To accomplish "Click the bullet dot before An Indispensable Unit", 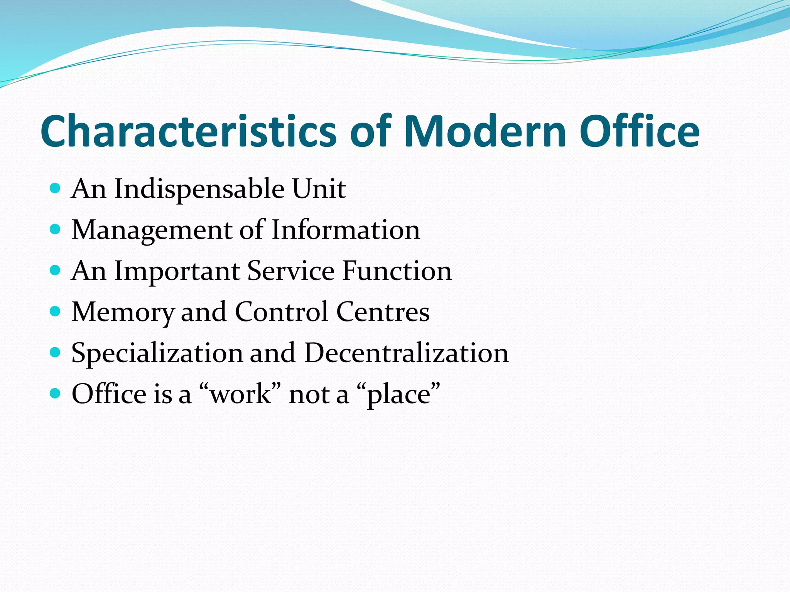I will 56,188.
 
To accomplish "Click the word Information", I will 346,230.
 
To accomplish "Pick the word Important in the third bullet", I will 177,271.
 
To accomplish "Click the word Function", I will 397,271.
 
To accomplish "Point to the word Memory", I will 123,312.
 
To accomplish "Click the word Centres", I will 383,312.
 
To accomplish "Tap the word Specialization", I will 157,353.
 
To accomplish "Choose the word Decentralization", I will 406,353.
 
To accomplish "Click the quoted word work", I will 240,394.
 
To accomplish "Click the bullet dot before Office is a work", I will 56,394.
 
